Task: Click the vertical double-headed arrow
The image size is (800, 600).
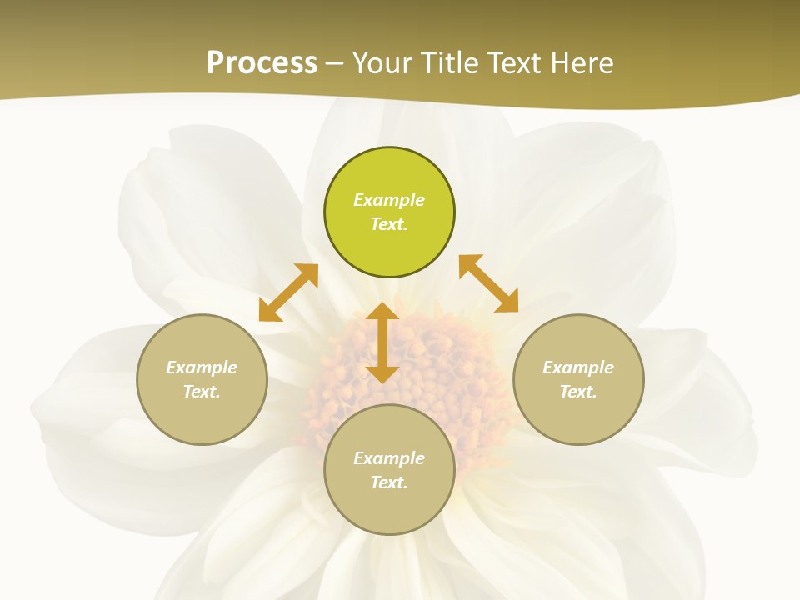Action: point(382,342)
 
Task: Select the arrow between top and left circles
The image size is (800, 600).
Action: point(288,292)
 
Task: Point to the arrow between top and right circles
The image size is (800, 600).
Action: point(489,283)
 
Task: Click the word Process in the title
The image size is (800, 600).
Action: point(262,63)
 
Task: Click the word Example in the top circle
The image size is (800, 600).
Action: point(389,200)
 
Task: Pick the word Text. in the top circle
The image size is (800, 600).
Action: point(389,224)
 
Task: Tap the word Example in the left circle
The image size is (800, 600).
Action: point(202,367)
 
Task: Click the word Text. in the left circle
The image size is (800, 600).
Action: point(202,392)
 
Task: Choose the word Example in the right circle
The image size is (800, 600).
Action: point(578,367)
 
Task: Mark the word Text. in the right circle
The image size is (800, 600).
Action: point(578,392)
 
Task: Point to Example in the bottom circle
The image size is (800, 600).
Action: point(389,458)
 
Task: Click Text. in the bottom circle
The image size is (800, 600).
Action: point(389,482)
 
